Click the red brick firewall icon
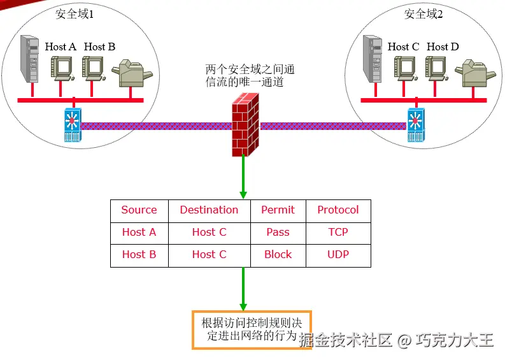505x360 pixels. pos(245,125)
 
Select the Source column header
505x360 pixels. pos(139,210)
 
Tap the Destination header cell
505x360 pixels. pos(209,210)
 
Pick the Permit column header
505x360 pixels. pos(278,210)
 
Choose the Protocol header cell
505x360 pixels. pos(338,210)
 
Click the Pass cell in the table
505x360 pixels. pos(278,233)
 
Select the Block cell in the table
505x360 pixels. pos(278,255)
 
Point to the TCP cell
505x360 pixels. pos(338,233)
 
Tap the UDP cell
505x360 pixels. pos(338,255)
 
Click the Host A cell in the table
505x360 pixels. pos(139,233)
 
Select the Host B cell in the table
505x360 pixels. pos(139,255)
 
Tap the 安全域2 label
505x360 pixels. pos(423,14)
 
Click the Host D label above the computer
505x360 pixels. pos(443,47)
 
